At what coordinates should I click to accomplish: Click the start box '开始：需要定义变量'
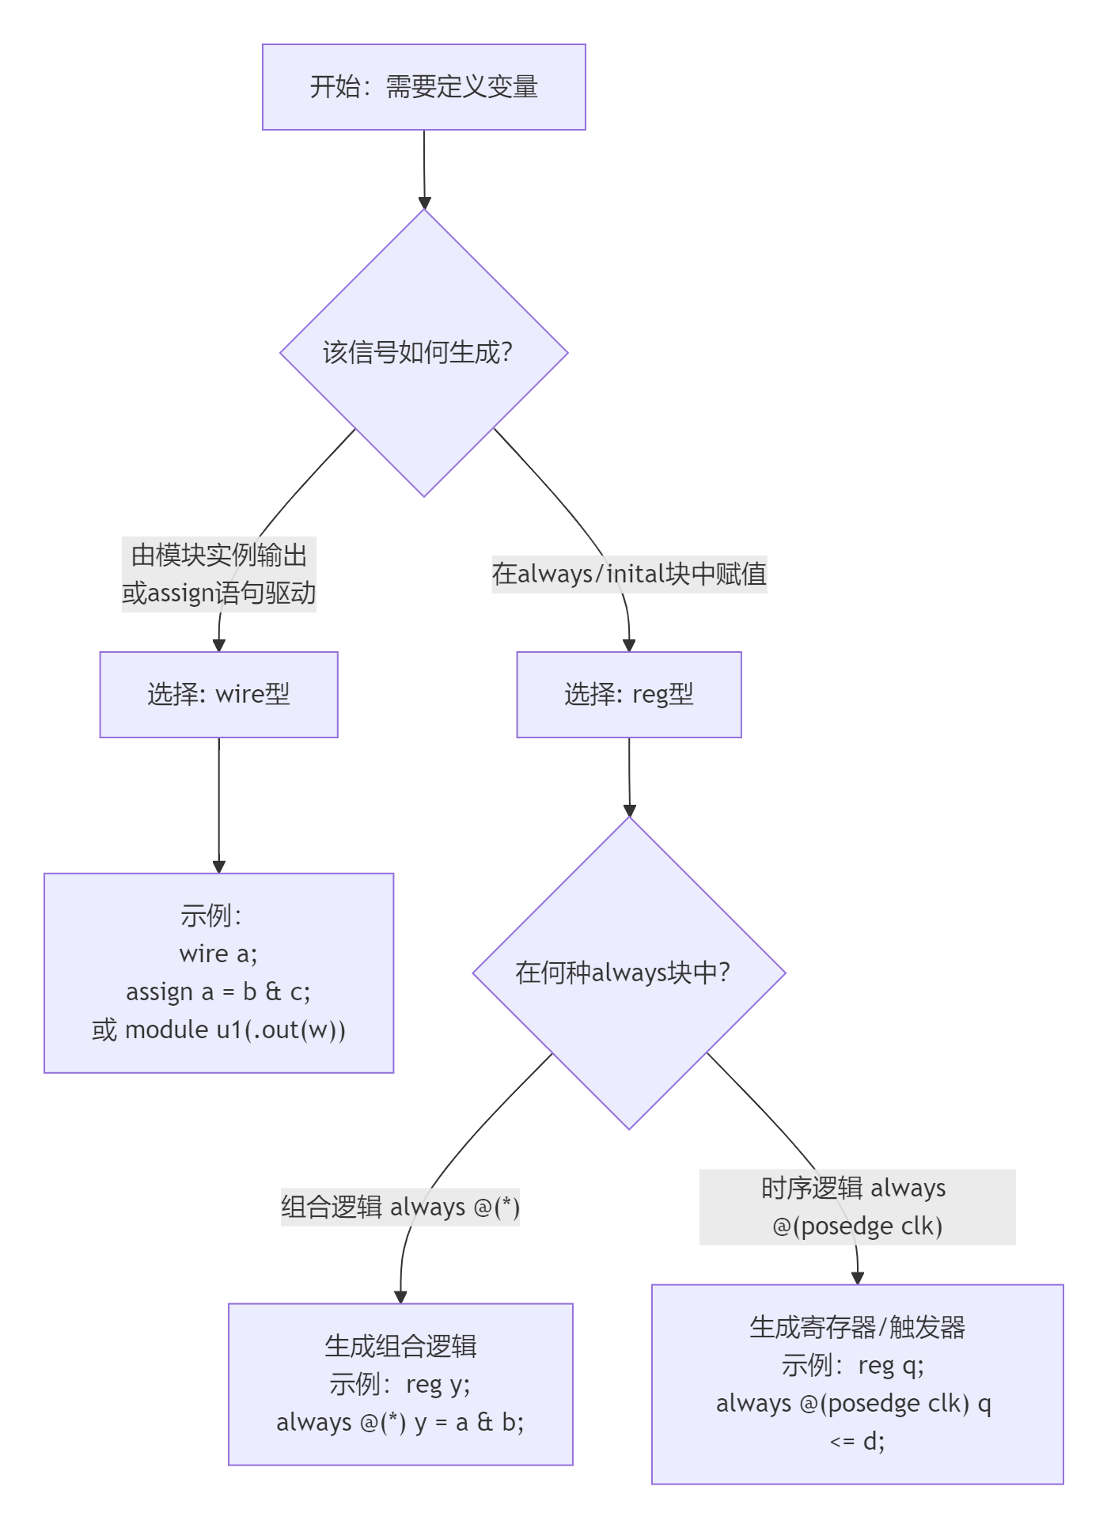tap(423, 87)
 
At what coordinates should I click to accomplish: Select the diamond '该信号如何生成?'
tap(423, 353)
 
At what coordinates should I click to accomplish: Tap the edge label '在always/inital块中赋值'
tap(629, 574)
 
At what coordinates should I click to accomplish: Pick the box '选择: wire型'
tap(218, 695)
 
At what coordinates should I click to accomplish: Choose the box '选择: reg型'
tap(629, 695)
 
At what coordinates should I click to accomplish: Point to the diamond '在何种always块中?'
tap(629, 973)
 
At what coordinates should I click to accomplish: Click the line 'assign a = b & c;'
tap(218, 991)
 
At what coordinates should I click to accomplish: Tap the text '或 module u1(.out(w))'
tap(218, 1029)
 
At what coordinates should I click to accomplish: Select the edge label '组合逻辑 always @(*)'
tap(400, 1207)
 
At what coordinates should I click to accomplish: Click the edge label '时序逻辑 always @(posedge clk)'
tap(857, 1207)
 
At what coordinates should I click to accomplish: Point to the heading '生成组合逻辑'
tap(400, 1346)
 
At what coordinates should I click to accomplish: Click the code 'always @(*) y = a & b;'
tap(400, 1422)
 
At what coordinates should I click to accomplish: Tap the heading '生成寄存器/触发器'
tap(857, 1327)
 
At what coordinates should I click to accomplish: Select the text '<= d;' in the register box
tap(857, 1441)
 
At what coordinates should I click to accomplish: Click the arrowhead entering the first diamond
tap(424, 203)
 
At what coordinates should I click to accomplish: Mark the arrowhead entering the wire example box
tap(219, 866)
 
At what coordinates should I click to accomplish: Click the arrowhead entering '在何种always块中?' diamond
tap(630, 810)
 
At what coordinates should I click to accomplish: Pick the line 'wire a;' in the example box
tap(218, 954)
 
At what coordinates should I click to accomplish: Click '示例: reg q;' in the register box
tap(853, 1365)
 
